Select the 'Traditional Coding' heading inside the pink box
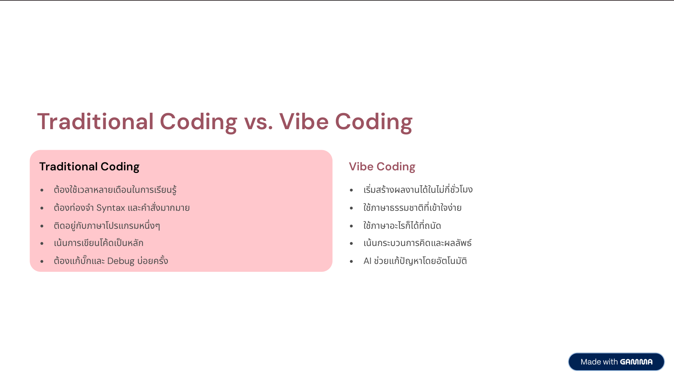pos(89,167)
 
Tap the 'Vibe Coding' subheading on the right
pos(382,167)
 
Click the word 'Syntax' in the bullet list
pos(111,208)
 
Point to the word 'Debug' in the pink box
pos(121,261)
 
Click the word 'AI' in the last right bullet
pos(367,261)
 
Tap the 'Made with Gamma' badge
pos(616,362)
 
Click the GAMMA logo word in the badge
pos(636,362)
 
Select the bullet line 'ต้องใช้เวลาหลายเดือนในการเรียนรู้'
pos(115,189)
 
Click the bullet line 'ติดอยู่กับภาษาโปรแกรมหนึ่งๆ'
pos(107,225)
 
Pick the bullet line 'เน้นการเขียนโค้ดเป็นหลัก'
pos(98,243)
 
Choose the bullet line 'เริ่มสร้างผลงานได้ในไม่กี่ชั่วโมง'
pos(418,189)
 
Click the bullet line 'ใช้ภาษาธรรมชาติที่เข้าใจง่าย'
pos(412,207)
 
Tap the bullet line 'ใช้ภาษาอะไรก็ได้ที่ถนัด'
pos(402,225)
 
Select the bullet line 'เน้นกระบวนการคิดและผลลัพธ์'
pos(418,243)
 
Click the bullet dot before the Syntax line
pos(42,208)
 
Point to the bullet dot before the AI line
pos(351,261)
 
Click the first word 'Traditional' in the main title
pos(95,122)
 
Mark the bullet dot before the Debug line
pos(42,261)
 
